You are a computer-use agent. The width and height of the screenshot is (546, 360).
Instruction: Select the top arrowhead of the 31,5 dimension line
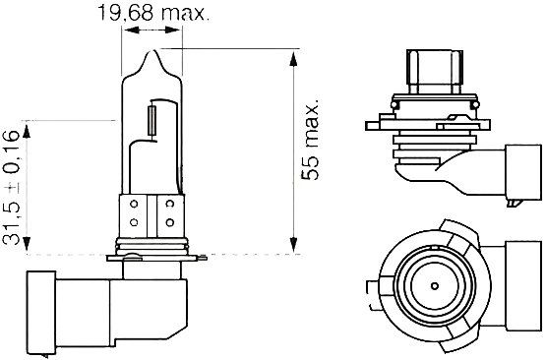point(31,125)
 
